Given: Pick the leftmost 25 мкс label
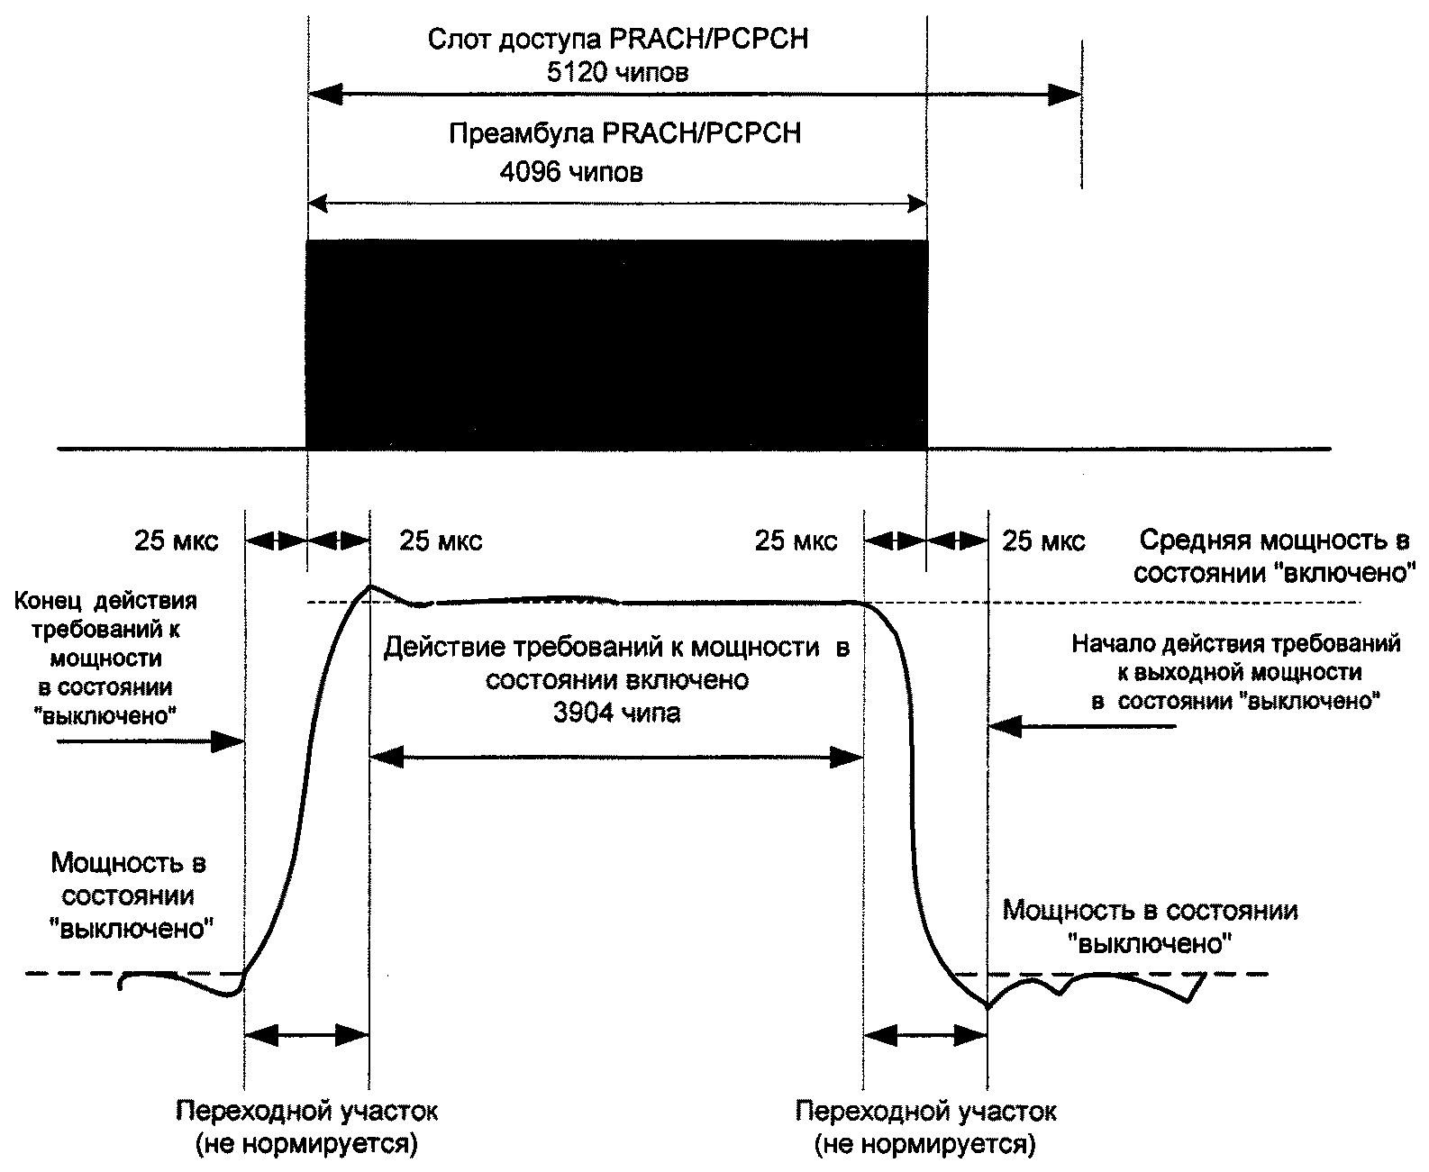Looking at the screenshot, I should (177, 541).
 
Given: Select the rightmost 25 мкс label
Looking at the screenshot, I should (1044, 541).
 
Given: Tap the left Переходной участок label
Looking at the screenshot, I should (306, 1110).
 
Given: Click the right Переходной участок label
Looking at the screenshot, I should (925, 1110).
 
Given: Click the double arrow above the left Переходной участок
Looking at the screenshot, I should (306, 1036).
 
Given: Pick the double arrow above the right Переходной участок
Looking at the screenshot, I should (925, 1036).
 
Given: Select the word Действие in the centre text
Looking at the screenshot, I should (437, 648).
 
